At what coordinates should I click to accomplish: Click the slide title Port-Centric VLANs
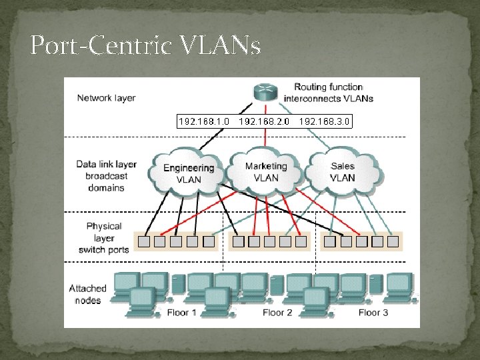click(x=145, y=46)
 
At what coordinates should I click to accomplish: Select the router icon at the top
click(x=266, y=93)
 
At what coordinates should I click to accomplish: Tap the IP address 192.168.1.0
click(x=204, y=121)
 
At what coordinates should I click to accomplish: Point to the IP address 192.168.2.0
click(x=265, y=121)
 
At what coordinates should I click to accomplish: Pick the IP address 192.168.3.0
click(x=325, y=121)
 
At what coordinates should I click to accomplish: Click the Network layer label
click(x=106, y=98)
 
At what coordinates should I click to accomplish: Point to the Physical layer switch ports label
click(x=104, y=238)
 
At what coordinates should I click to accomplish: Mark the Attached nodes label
click(x=87, y=294)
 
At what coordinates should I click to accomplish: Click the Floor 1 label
click(x=182, y=312)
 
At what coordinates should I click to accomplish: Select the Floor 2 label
click(x=277, y=312)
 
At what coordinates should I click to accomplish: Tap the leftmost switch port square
click(x=143, y=241)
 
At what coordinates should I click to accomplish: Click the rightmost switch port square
click(x=393, y=241)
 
